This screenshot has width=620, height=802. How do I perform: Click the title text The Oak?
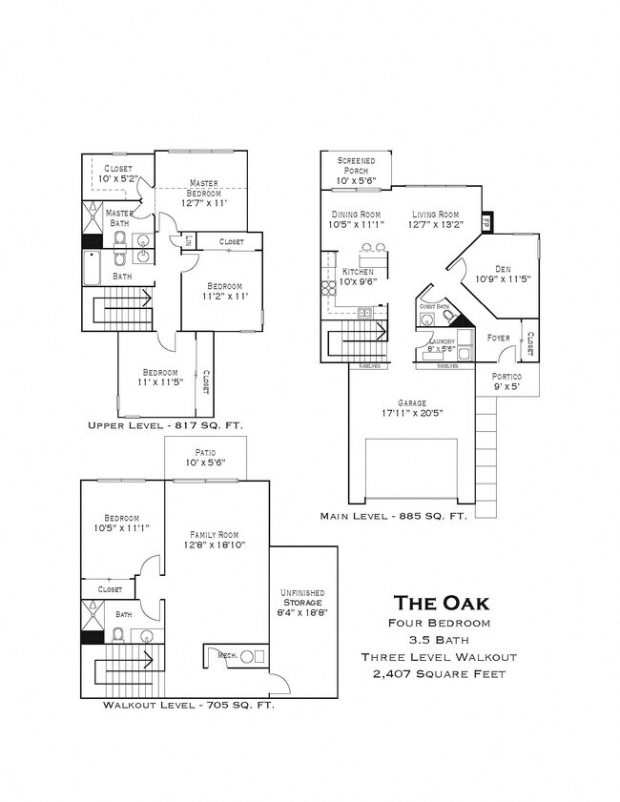pos(442,602)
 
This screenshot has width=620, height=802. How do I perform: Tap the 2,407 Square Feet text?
pos(442,674)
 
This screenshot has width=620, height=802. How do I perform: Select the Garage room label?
pos(413,408)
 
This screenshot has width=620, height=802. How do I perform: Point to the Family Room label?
pos(214,540)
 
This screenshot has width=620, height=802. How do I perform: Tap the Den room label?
pos(503,274)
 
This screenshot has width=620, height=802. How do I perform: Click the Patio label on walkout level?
pos(205,458)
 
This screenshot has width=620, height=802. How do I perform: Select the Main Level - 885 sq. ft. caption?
pos(393,515)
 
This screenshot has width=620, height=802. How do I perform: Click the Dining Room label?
pos(356,219)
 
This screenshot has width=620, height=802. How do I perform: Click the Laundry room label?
pos(441,345)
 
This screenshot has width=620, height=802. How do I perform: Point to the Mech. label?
pos(227,655)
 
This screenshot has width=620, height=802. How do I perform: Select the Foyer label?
pos(498,338)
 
